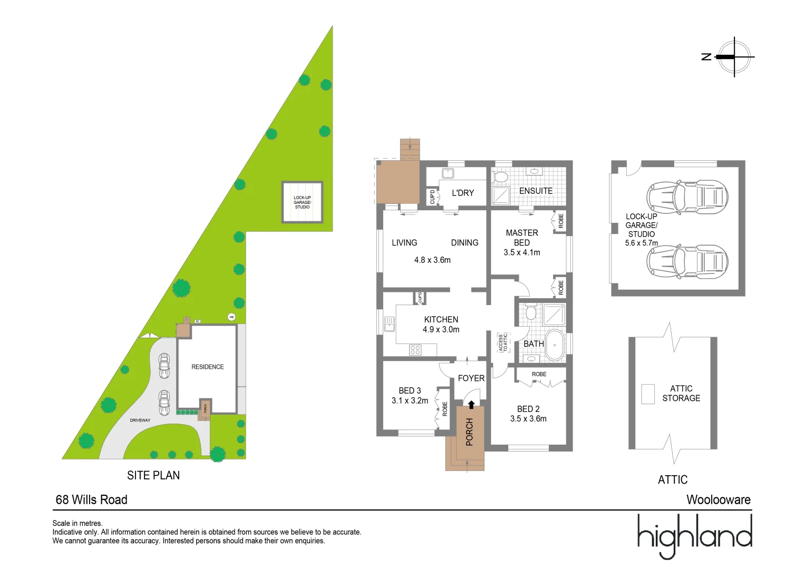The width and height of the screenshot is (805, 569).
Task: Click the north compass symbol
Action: click(x=734, y=57)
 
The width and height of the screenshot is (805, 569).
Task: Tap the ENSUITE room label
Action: click(x=536, y=191)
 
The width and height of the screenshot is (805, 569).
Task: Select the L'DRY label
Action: click(x=462, y=193)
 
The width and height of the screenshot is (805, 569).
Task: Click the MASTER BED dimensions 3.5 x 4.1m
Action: click(x=521, y=252)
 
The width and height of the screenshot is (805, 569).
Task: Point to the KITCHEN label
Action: click(x=441, y=319)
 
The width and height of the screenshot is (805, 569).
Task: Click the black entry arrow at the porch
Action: click(x=471, y=405)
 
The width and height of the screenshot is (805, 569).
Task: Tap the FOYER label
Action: click(x=471, y=378)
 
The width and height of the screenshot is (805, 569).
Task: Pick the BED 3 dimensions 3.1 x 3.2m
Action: click(x=410, y=400)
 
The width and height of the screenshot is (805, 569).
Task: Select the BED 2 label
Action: click(x=528, y=409)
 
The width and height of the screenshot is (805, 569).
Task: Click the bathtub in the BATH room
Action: click(x=554, y=345)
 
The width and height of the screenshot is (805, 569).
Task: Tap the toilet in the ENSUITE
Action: click(x=500, y=176)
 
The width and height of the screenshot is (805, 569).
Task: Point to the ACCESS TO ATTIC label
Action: click(x=503, y=342)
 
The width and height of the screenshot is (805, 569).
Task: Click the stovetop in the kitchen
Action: click(x=415, y=349)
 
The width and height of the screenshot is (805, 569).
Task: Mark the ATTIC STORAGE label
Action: click(x=681, y=393)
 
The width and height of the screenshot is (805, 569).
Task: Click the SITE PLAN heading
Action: click(x=153, y=475)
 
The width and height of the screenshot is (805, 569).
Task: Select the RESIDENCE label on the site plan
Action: click(x=207, y=367)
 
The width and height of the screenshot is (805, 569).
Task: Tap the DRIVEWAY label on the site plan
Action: click(x=140, y=420)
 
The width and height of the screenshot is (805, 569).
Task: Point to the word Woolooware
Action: click(x=718, y=499)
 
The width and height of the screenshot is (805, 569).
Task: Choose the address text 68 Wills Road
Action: click(x=92, y=499)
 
